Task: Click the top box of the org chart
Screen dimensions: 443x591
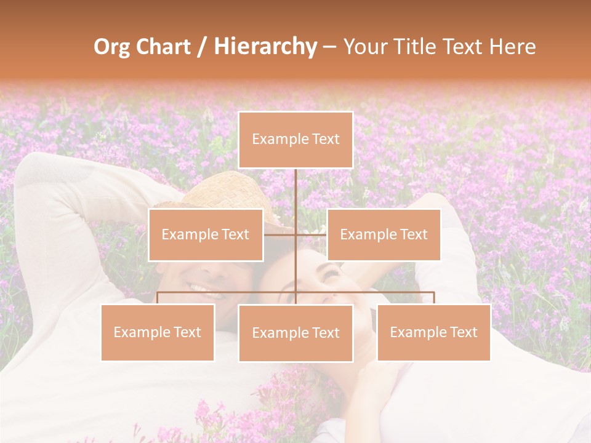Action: point(295,140)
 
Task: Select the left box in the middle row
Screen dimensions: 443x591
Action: point(206,234)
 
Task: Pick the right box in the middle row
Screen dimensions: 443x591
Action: point(384,234)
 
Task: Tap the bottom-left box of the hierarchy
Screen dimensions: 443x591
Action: point(158,332)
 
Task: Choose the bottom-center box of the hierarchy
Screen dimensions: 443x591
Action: point(295,333)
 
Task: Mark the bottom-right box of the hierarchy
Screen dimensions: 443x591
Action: point(433,332)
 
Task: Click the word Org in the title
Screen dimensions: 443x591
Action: point(111,47)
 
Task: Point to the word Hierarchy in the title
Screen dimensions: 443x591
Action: point(265,47)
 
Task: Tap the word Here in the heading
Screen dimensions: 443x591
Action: point(512,47)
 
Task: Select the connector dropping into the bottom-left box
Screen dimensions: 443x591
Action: point(158,298)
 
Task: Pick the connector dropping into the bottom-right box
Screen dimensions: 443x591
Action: point(434,298)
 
